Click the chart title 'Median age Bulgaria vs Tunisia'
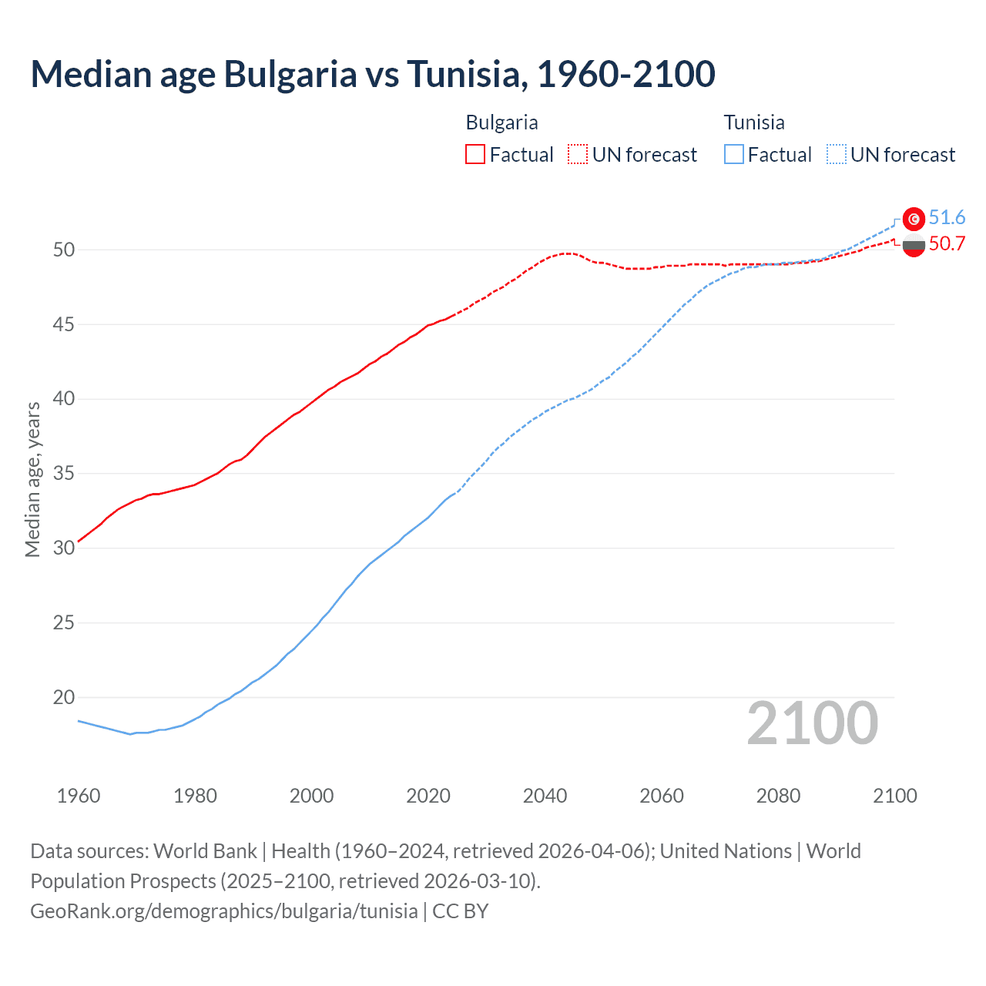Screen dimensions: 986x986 point(373,74)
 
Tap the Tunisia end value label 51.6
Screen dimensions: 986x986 point(947,218)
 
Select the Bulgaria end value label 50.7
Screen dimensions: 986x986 point(947,244)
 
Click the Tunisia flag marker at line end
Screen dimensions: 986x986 point(914,220)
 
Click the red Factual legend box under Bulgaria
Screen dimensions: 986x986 point(475,155)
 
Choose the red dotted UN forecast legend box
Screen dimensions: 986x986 point(578,155)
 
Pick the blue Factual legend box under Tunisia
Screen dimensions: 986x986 point(734,155)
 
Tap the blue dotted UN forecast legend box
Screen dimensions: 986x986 point(837,155)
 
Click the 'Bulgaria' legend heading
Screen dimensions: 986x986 point(501,122)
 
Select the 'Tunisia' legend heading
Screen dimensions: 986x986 point(754,122)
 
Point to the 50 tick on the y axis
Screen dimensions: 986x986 point(64,250)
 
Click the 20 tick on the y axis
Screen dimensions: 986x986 point(64,698)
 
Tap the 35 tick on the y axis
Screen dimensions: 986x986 point(64,474)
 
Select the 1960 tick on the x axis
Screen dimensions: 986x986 point(79,796)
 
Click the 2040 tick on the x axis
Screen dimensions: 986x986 point(545,796)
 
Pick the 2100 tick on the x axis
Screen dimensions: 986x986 point(894,796)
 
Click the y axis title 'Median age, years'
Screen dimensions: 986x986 point(33,479)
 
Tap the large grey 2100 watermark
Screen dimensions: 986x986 point(812,723)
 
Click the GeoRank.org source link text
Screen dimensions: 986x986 point(224,911)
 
